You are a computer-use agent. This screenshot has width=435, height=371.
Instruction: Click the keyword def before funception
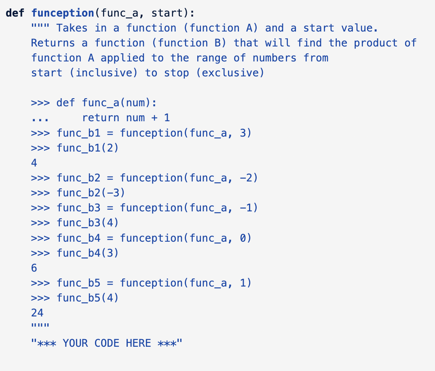pyautogui.click(x=15, y=13)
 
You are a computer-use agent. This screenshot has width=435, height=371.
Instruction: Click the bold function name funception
pyautogui.click(x=63, y=13)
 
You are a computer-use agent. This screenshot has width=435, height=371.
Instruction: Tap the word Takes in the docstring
pyautogui.click(x=72, y=28)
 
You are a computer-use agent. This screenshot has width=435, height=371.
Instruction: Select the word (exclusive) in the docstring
pyautogui.click(x=230, y=73)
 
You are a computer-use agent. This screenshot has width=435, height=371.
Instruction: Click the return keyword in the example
pyautogui.click(x=101, y=118)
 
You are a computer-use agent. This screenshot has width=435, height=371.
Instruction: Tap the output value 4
pyautogui.click(x=34, y=163)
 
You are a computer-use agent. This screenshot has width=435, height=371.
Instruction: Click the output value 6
pyautogui.click(x=34, y=268)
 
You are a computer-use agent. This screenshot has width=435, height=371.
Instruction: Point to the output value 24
pyautogui.click(x=37, y=313)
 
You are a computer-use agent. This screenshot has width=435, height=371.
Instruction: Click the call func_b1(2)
pyautogui.click(x=88, y=148)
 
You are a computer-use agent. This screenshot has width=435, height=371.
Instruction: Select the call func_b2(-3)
pyautogui.click(x=91, y=193)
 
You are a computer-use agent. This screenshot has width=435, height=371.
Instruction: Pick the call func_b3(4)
pyautogui.click(x=88, y=223)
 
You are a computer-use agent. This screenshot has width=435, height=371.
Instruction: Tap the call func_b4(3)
pyautogui.click(x=88, y=253)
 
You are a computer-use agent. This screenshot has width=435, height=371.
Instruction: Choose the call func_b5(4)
pyautogui.click(x=88, y=298)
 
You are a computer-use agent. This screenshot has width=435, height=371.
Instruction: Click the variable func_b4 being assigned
pyautogui.click(x=78, y=238)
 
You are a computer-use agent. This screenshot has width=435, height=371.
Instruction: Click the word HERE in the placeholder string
pyautogui.click(x=138, y=343)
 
